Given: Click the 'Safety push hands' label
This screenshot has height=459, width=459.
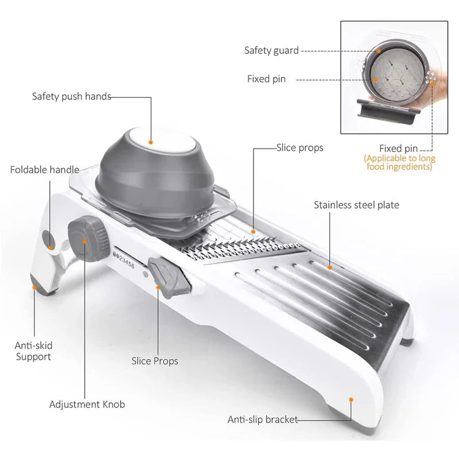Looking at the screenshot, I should pos(71,96).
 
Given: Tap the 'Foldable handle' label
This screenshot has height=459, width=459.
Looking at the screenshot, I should pos(44,170).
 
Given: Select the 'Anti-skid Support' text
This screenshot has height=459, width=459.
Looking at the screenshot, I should pos(33,351).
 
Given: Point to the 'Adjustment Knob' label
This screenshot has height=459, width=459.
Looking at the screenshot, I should pos(87,404).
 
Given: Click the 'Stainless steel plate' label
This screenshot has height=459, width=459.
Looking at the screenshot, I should pos(356,205).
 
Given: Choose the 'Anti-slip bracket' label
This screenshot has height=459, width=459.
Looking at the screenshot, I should pos(263,419).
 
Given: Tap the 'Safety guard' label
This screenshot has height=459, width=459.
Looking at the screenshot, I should pos(271,50).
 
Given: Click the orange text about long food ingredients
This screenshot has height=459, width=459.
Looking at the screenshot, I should pos(400,162).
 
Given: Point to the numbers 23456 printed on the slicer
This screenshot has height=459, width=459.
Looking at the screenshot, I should pos(125,260).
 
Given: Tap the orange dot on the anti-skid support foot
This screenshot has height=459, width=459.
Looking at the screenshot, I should pos(34,286).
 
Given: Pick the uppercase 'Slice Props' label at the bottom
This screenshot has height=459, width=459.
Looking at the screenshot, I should pos(154,361).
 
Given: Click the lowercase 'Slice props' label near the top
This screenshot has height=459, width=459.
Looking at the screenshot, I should pos(299,148).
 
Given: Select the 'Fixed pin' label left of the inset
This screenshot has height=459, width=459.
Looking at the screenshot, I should pos(266,79).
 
